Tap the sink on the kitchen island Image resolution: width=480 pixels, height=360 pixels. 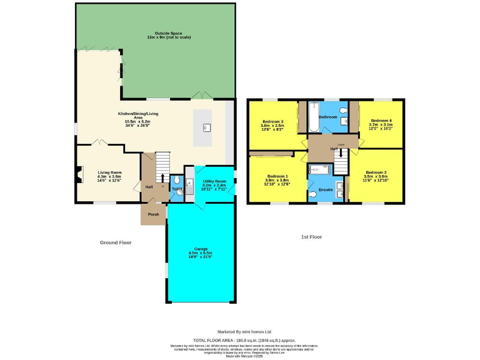(206, 127)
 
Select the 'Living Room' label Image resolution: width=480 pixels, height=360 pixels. (109, 172)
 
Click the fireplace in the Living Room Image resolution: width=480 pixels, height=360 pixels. (78, 176)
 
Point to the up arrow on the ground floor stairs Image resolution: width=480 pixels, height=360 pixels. (163, 177)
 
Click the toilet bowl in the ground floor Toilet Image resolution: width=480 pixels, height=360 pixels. (179, 194)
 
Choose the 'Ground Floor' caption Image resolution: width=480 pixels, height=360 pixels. (116, 242)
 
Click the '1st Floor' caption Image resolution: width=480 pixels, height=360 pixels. (311, 237)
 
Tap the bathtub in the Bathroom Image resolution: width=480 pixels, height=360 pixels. (314, 117)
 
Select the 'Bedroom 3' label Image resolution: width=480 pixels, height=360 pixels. (273, 121)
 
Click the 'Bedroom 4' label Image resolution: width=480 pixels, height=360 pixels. (381, 120)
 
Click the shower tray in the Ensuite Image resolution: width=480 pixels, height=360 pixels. (319, 169)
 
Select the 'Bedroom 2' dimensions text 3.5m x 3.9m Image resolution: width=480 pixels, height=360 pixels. (376, 176)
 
